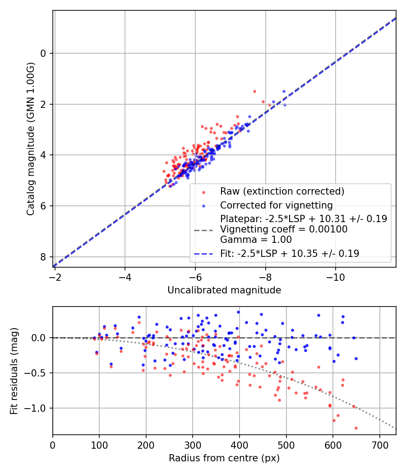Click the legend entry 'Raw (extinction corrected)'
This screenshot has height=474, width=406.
282,191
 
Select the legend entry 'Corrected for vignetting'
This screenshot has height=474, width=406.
276,205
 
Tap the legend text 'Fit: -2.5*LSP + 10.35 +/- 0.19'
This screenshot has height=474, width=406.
290,254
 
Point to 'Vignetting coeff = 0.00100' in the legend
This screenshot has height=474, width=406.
284,229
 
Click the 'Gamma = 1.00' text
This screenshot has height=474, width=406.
256,240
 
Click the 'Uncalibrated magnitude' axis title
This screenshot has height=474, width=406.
224,290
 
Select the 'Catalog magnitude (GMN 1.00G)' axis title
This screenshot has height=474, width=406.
30,138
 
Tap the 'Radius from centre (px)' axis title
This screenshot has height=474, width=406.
224,458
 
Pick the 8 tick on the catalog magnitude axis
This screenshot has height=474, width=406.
43,257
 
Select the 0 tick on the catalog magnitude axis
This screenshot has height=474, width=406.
43,53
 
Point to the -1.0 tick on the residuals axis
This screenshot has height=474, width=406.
38,408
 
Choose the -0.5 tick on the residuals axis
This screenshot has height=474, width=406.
38,373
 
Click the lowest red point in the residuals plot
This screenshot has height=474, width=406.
356,428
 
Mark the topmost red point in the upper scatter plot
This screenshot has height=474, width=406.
254,91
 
